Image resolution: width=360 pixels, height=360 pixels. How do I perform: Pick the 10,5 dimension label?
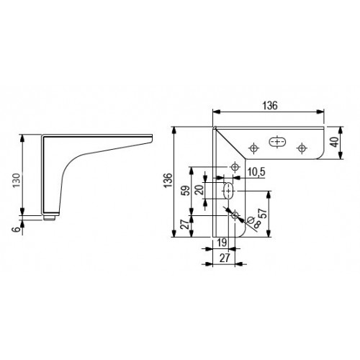click(256, 171)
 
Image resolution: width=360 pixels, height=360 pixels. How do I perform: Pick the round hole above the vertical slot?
click(235, 168)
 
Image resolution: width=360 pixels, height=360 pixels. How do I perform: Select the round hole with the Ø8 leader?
click(235, 214)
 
